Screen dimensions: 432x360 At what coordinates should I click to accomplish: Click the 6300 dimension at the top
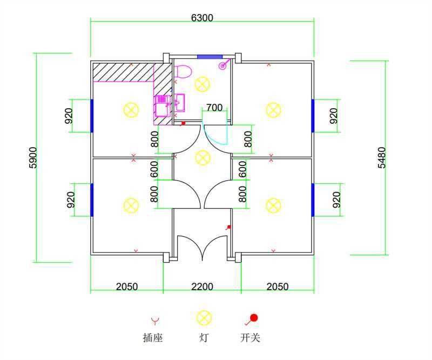click(x=202, y=18)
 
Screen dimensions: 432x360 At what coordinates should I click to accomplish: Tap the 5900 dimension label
click(x=33, y=157)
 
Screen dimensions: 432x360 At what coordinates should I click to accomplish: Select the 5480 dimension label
click(x=382, y=157)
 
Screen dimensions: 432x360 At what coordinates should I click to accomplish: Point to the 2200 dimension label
click(x=202, y=286)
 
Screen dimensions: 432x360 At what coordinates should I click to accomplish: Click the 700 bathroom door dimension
click(x=214, y=108)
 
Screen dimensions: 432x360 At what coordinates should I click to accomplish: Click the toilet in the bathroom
click(x=183, y=72)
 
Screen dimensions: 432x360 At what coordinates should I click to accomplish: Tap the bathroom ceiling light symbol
click(x=202, y=84)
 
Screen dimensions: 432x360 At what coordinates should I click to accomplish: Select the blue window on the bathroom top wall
click(x=210, y=57)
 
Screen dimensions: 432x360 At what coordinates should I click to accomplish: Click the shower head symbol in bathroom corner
click(x=224, y=65)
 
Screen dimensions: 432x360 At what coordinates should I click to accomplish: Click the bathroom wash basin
click(x=180, y=102)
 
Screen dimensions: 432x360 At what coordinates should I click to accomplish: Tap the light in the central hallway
click(x=202, y=157)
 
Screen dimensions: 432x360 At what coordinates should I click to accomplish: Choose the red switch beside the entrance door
click(x=228, y=228)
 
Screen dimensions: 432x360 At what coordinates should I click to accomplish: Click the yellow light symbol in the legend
click(x=204, y=317)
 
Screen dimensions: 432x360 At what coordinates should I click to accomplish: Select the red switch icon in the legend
click(x=251, y=319)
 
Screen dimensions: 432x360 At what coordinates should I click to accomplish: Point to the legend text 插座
click(x=153, y=338)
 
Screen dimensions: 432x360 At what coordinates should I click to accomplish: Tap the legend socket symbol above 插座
click(x=155, y=321)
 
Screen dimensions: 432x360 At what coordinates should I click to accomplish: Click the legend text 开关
click(x=250, y=338)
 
